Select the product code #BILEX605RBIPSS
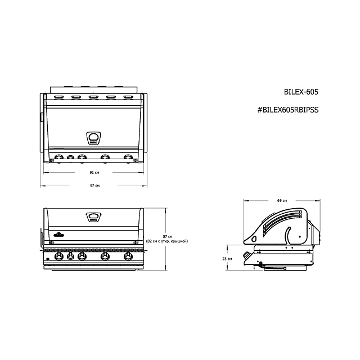pyautogui.click(x=287, y=110)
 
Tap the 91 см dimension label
pyautogui.click(x=94, y=173)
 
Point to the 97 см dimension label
pyautogui.click(x=94, y=185)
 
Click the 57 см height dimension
pyautogui.click(x=166, y=236)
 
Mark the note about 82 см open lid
pyautogui.click(x=166, y=242)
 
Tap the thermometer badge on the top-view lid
pyautogui.click(x=94, y=137)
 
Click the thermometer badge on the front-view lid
pyautogui.click(x=94, y=217)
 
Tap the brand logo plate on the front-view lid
pyautogui.click(x=60, y=234)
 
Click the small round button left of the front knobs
pyautogui.click(x=48, y=258)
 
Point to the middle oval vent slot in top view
pyautogui.click(x=94, y=97)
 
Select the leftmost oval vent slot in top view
pyautogui.click(x=58, y=97)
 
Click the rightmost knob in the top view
pyautogui.click(x=129, y=157)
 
